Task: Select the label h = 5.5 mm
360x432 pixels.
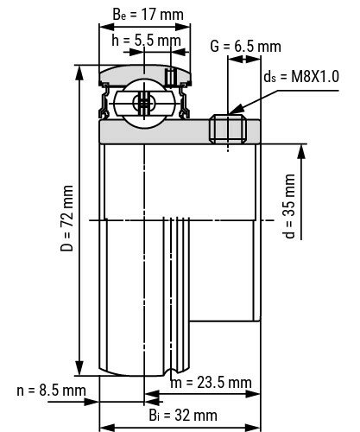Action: tap(147, 40)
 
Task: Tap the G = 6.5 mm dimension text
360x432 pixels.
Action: tap(245, 45)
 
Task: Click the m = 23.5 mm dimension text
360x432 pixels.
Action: tap(211, 382)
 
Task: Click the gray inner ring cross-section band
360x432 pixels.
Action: tap(155, 131)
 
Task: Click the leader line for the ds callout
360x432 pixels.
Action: tap(250, 100)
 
